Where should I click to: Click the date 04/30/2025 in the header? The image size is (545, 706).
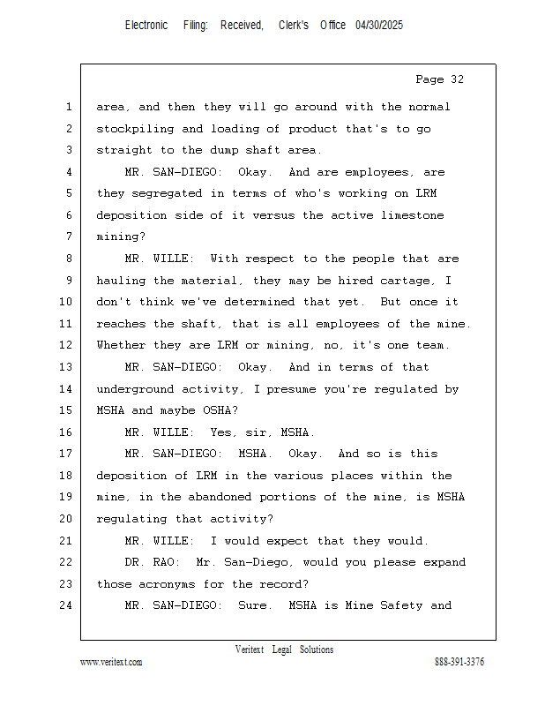coord(379,26)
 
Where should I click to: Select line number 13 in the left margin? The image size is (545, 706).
coord(67,367)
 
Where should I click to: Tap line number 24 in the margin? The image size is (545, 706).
coord(67,605)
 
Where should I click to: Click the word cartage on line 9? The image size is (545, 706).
coord(408,281)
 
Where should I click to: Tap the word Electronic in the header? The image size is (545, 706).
coord(146,26)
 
